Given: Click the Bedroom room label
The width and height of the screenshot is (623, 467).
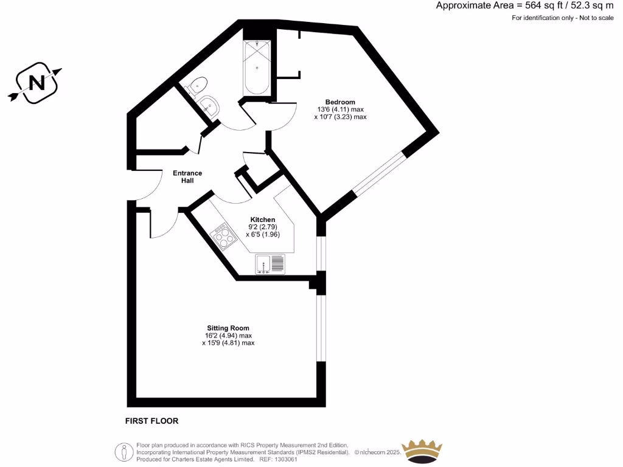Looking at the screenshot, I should click(x=340, y=102).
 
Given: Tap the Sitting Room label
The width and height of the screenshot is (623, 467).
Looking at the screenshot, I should click(x=228, y=328).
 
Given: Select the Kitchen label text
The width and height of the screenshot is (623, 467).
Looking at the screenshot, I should click(x=263, y=220).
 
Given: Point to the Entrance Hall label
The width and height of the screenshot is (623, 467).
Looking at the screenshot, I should click(x=187, y=177).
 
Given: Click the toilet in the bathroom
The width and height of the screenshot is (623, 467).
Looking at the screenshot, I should click(x=197, y=85).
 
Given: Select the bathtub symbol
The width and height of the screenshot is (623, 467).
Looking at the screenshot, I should click(x=257, y=67).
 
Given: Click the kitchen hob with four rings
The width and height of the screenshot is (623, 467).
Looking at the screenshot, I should click(x=223, y=238).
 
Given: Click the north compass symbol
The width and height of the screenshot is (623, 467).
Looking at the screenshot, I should click(x=36, y=83).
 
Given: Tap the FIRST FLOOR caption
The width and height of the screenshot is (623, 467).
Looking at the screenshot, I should click(x=151, y=421).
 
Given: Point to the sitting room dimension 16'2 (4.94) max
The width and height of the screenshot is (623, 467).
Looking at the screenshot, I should click(x=228, y=336).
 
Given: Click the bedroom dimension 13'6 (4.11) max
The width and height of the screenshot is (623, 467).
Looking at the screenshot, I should click(x=339, y=109).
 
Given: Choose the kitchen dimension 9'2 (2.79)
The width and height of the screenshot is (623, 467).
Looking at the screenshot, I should click(x=263, y=227).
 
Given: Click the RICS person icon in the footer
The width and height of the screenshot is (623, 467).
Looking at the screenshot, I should click(x=124, y=452).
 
